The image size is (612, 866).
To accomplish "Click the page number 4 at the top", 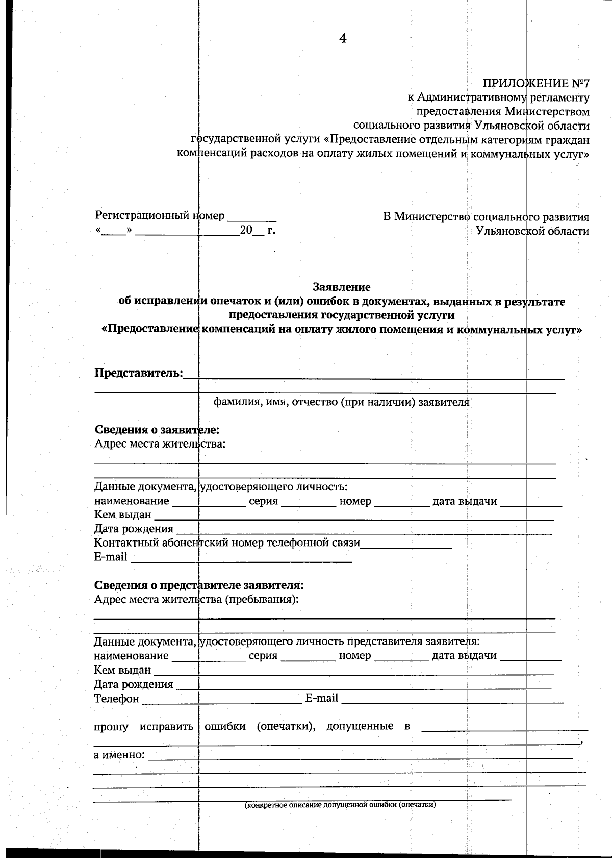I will [343, 38].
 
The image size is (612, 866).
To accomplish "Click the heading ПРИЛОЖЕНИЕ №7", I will [535, 83].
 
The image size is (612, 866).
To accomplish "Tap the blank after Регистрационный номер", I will [251, 216].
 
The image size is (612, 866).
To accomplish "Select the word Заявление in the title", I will [341, 287].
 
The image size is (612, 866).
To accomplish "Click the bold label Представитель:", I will [138, 373].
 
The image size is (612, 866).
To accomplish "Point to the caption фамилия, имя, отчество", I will [341, 402].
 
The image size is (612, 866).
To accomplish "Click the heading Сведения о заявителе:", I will [157, 430].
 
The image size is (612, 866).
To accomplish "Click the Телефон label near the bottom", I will [116, 699].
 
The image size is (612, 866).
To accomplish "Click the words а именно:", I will [119, 754].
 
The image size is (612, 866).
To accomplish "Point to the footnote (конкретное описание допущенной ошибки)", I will [340, 805].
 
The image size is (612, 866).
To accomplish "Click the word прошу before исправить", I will [111, 726].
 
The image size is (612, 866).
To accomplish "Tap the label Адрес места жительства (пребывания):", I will [196, 599].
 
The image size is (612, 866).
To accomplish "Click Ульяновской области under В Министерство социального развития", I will [532, 231].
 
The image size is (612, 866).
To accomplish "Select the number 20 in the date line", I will [246, 230].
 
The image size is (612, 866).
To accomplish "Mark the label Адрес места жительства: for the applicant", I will [160, 443].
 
